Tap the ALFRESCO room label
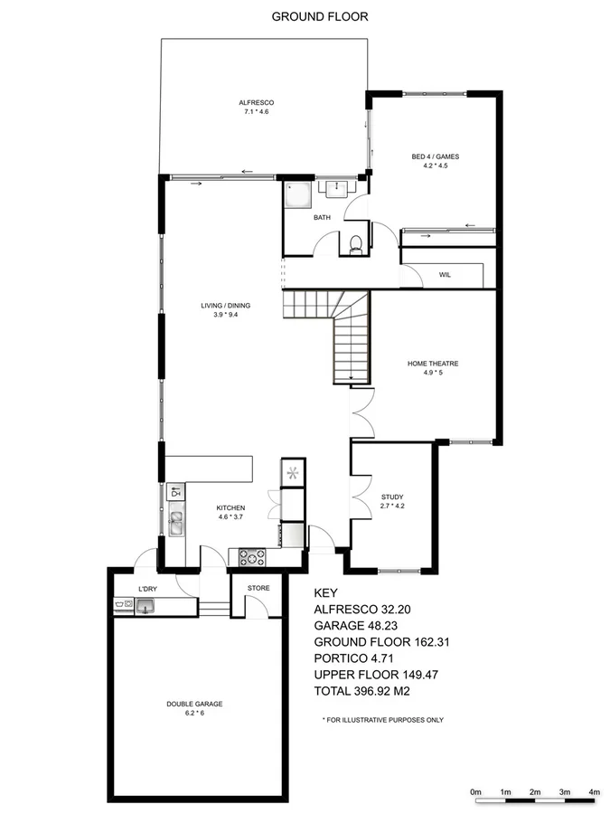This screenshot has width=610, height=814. coord(257,103)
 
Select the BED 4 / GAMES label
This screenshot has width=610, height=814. coord(430,157)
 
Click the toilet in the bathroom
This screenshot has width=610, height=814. coord(356,243)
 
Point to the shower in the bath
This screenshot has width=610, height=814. coord(296,195)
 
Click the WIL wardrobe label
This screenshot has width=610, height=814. coord(445,274)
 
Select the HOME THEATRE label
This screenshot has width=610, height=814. coord(429,364)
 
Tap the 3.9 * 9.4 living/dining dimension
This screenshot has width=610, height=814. coord(225,316)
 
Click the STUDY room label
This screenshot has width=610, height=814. coord(392,497)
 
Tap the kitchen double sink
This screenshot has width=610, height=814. coord(175,522)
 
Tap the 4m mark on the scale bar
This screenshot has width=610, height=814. coord(594,791)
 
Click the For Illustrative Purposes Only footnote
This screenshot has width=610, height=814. coord(383,720)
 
